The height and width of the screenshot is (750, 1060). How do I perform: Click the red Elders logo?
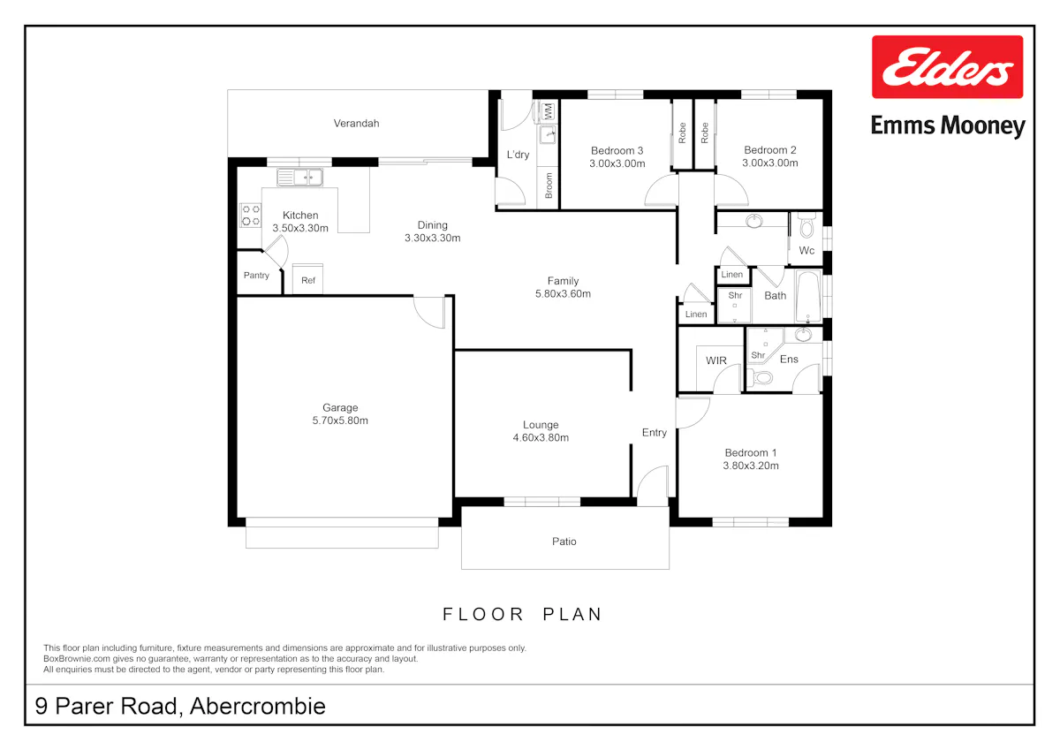click(x=947, y=67)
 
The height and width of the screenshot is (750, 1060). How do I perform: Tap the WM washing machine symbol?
click(x=548, y=111)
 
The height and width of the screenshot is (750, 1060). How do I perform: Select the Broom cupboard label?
click(x=549, y=186)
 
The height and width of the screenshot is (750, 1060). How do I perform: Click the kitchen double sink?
click(x=300, y=178)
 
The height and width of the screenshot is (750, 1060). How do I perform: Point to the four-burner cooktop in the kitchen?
click(x=250, y=216)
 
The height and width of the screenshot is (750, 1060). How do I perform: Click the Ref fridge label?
click(x=308, y=281)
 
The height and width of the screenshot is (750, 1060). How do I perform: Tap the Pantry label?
click(x=256, y=276)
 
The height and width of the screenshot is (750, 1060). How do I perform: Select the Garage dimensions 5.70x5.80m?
click(x=340, y=420)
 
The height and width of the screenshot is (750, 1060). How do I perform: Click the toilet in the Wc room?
click(x=806, y=225)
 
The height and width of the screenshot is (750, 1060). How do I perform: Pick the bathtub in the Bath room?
click(x=808, y=296)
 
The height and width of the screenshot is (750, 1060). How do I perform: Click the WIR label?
click(x=716, y=360)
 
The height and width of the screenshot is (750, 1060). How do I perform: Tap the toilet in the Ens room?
click(x=761, y=378)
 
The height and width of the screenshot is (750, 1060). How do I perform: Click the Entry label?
click(x=655, y=433)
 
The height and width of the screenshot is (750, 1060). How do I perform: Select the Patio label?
click(x=564, y=542)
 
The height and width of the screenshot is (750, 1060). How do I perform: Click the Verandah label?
click(x=356, y=124)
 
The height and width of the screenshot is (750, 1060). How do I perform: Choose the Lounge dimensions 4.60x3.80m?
click(x=541, y=437)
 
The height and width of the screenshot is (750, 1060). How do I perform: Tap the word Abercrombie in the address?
click(x=258, y=706)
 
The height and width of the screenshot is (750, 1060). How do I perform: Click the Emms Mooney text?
click(x=948, y=125)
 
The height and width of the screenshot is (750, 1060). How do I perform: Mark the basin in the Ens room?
click(x=803, y=335)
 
